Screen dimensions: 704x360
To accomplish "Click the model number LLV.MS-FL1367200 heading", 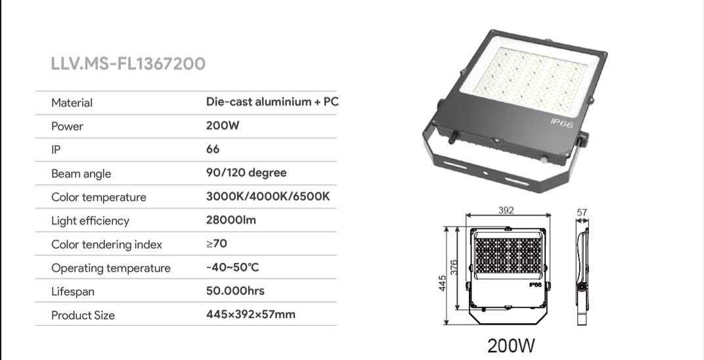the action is pos(128,63).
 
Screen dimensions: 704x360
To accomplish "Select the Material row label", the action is pos(72,102).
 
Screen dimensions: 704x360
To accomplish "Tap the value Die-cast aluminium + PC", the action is pos(273,101).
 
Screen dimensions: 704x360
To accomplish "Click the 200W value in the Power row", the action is pos(223,125).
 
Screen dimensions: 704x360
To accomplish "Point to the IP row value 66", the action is pos(213,149).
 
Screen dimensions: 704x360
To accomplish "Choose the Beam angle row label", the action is pos(81,173).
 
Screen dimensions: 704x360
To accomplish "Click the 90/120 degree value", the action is pos(246,173).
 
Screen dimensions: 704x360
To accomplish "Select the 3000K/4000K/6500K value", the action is pos(268,196).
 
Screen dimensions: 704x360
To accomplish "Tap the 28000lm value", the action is pos(231,219).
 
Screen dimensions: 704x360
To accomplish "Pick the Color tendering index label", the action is pos(106,244).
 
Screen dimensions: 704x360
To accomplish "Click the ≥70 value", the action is pos(217,243).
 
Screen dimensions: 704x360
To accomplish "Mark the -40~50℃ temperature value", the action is pos(232,267).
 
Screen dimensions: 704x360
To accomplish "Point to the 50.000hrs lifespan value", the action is pos(235,290).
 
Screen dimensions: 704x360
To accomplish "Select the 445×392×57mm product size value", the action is pos(251,314).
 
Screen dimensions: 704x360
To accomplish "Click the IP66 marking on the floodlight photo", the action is pos(561,123).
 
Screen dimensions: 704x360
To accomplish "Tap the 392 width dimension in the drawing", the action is pos(506,210).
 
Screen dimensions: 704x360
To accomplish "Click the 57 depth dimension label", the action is pos(582,212).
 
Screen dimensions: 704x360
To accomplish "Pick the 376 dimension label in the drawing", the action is pos(454,268).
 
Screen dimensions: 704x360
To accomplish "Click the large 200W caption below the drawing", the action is pos(512,346).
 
